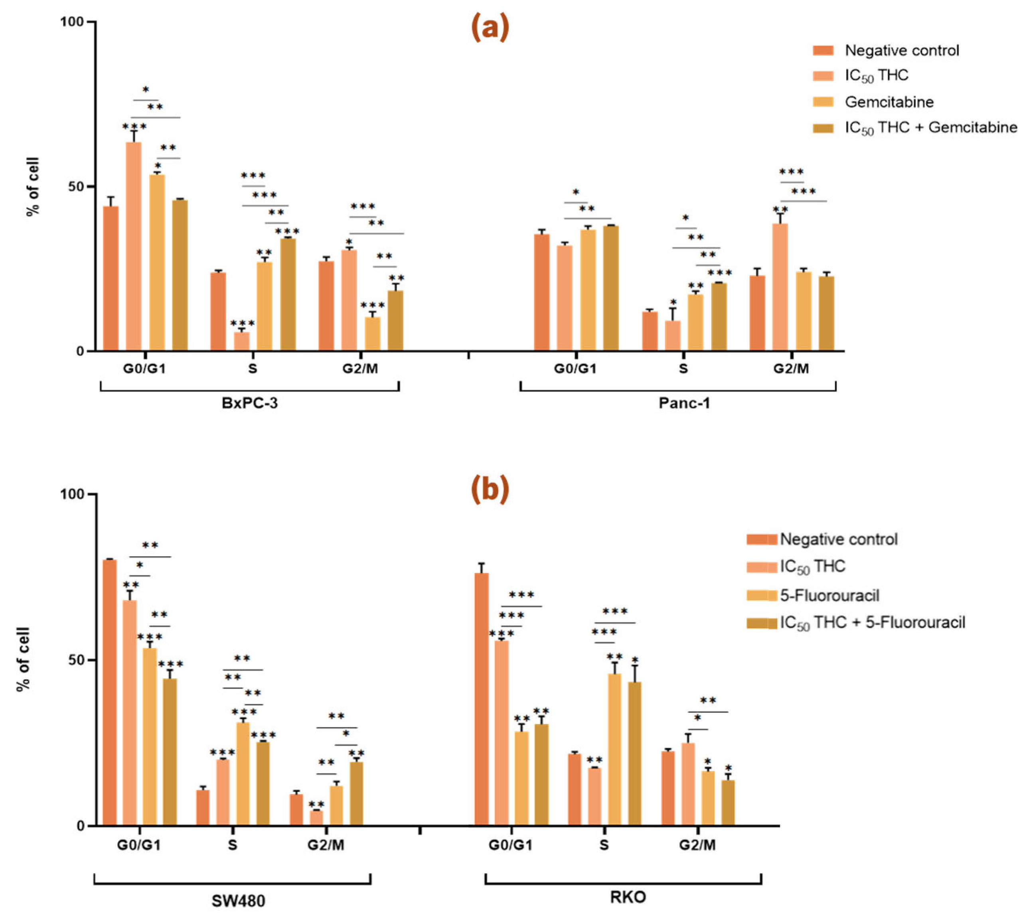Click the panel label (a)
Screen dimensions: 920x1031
click(490, 29)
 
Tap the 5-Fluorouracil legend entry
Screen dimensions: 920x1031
click(829, 595)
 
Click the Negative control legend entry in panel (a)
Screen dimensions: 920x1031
click(901, 51)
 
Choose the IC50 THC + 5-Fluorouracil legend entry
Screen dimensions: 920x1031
click(872, 623)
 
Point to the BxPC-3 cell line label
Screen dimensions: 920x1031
click(249, 403)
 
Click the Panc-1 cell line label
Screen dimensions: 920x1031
click(684, 403)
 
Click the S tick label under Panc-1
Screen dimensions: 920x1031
click(683, 369)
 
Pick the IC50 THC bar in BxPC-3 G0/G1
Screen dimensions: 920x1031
click(133, 247)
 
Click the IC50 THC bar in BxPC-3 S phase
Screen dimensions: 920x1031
click(241, 341)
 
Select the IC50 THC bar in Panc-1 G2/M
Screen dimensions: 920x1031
click(780, 287)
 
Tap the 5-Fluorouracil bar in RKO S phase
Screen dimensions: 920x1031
click(614, 749)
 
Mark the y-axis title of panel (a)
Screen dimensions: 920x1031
click(33, 186)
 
